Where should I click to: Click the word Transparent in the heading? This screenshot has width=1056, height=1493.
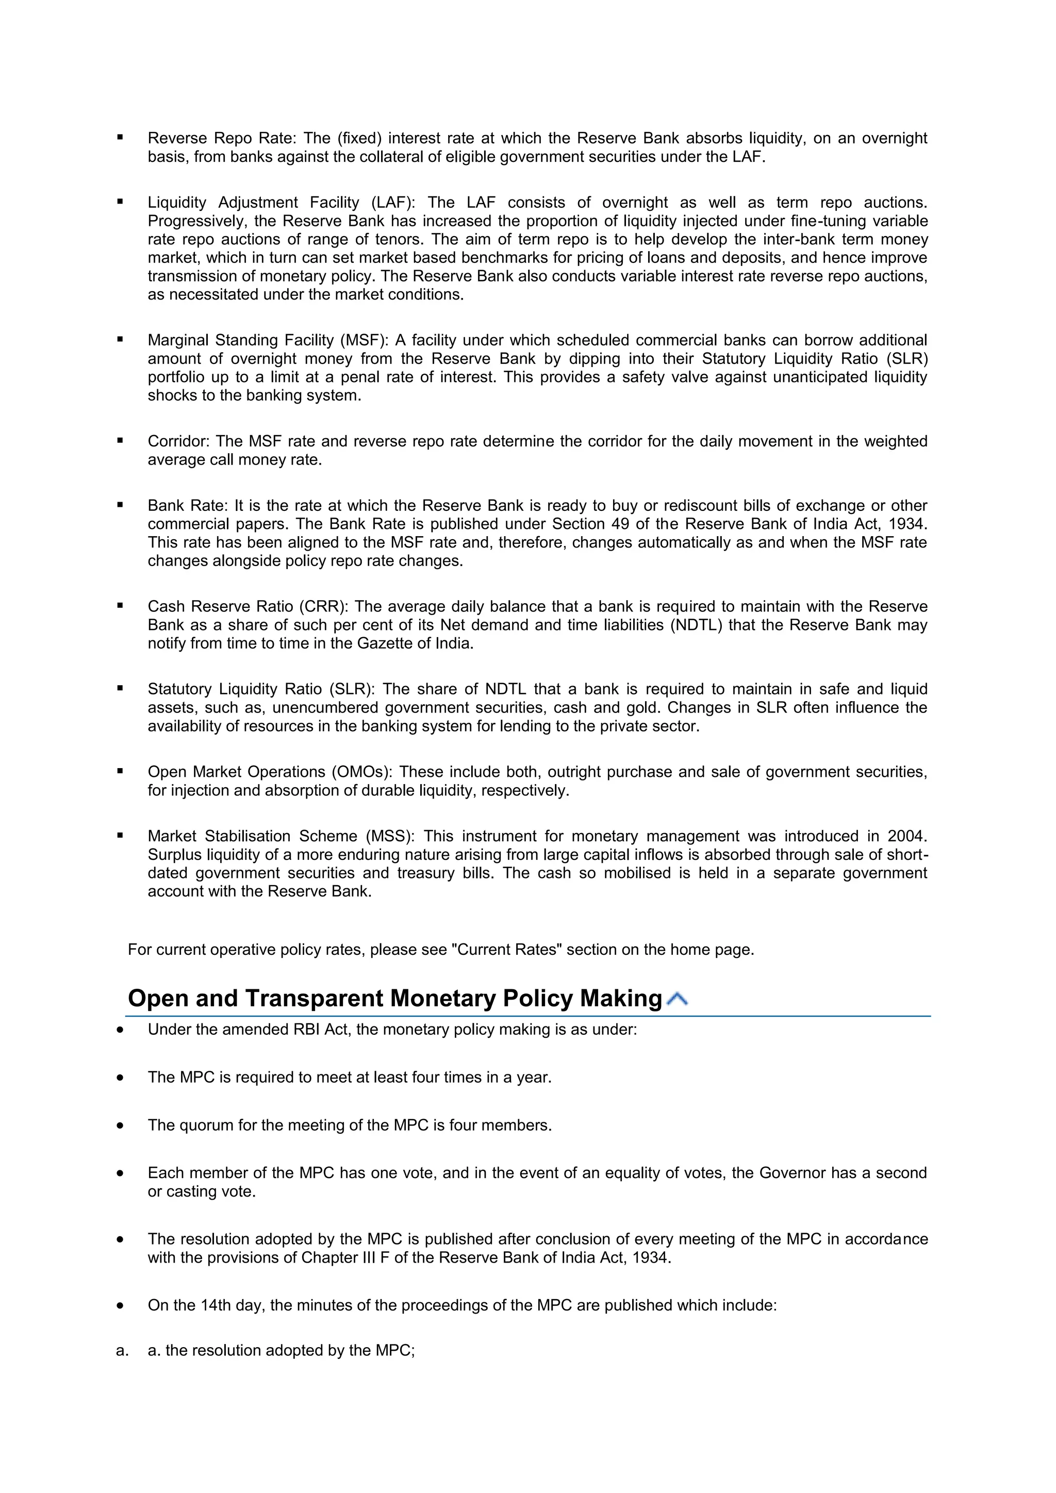point(314,999)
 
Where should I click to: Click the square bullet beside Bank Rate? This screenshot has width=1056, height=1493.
point(120,505)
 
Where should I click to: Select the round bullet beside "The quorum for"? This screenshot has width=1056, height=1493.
point(120,1125)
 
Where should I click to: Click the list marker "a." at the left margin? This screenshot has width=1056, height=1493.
point(122,1351)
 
